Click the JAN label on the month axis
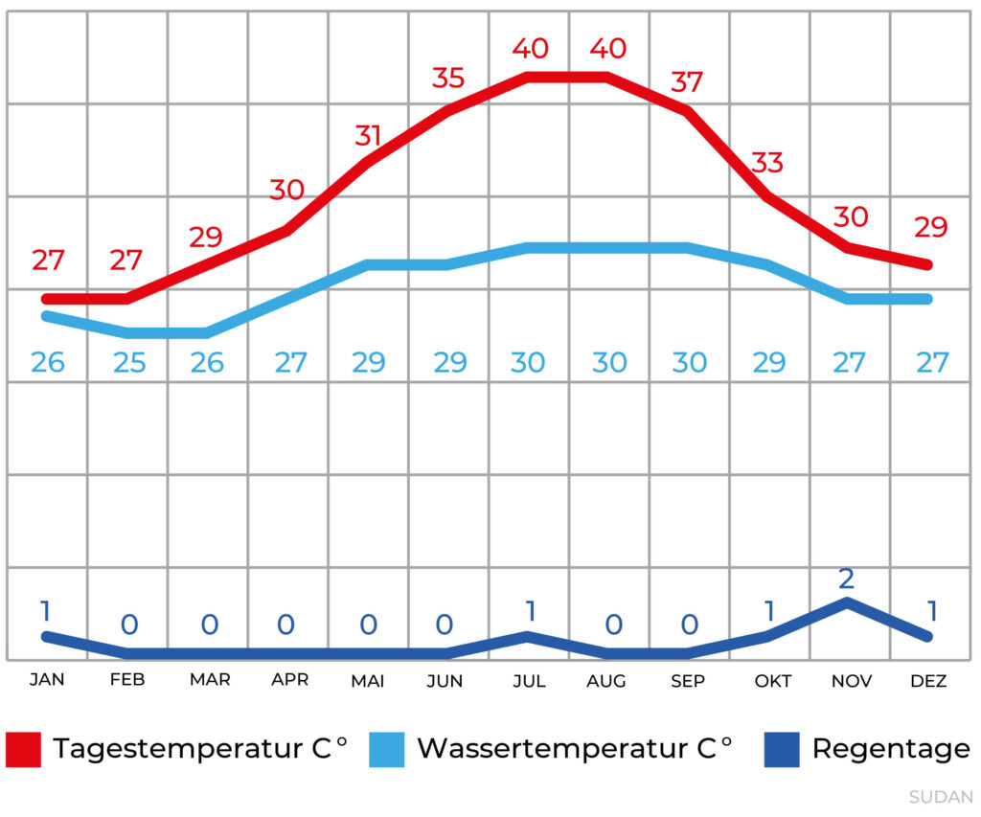coord(47,680)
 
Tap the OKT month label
coord(772,681)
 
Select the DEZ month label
coord(927,681)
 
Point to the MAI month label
coord(368,681)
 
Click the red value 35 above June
coord(448,78)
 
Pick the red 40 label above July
coord(530,48)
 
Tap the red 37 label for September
coord(687,81)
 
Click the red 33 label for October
coord(767,163)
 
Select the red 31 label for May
coord(368,135)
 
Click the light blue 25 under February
coord(128,363)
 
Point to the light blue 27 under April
coord(290,363)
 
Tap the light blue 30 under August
coord(609,363)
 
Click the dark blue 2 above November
coord(847,579)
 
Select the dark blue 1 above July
coord(528,610)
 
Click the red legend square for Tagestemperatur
coord(24,749)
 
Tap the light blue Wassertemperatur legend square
coord(387,749)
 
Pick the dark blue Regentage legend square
coord(782,749)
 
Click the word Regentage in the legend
coord(891,749)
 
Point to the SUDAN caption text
coord(941,797)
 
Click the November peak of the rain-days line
coord(847,601)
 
